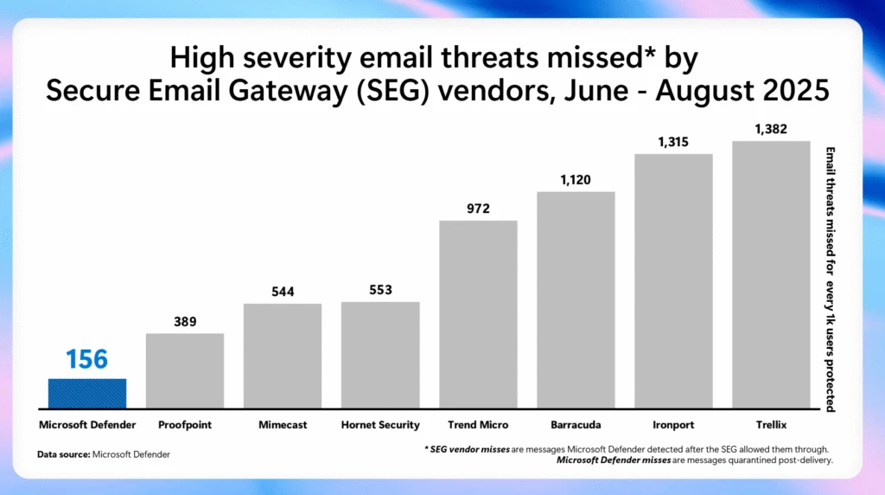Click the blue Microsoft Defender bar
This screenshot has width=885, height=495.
[87, 393]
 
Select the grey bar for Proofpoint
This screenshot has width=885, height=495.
[185, 370]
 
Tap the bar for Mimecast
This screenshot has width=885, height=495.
[283, 356]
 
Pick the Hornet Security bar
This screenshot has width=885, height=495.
[380, 355]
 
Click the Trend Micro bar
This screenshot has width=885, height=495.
[478, 314]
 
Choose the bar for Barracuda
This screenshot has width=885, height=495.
[576, 299]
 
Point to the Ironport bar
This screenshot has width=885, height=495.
[673, 280]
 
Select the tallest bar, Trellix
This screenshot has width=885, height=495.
[771, 274]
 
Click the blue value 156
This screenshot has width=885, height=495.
[87, 358]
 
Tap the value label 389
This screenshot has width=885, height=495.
[185, 322]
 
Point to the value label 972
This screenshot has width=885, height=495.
[478, 209]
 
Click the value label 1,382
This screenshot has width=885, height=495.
[771, 129]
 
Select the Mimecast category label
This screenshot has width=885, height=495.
[283, 425]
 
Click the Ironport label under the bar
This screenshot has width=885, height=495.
[673, 425]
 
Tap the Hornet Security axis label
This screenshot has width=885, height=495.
[380, 425]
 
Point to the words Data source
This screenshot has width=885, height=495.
[63, 454]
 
